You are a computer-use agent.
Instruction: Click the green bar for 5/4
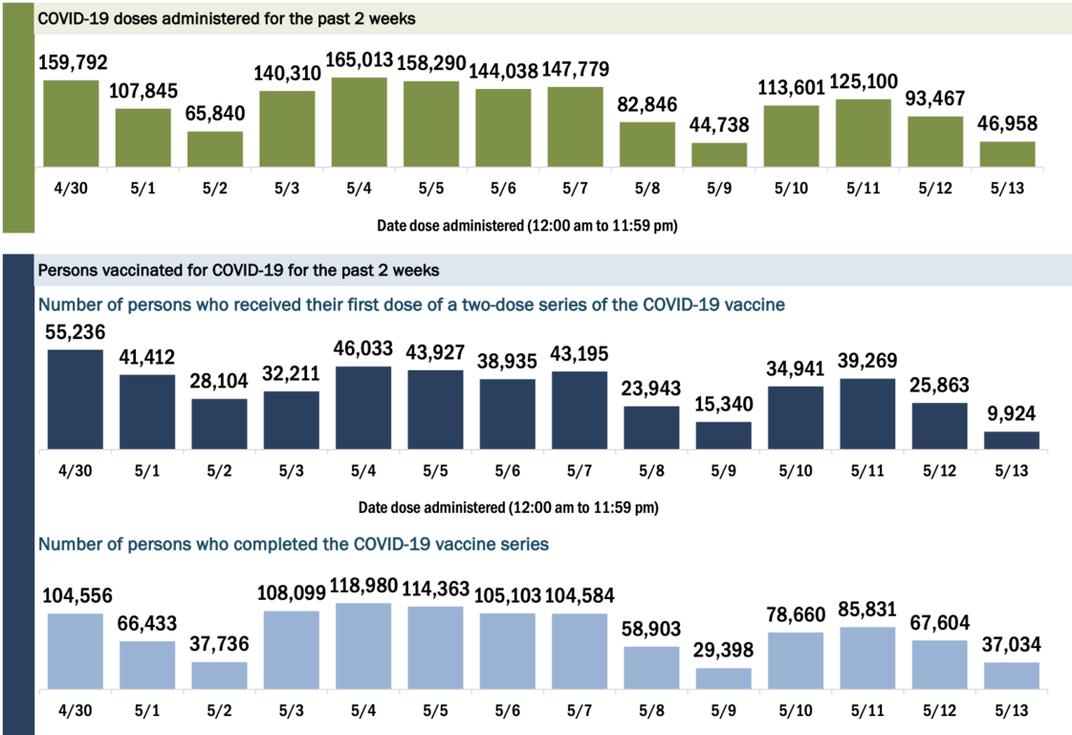point(359,122)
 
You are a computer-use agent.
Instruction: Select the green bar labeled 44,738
point(719,155)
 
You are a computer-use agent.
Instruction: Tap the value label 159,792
point(73,63)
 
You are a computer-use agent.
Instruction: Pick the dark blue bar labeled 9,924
point(1011,440)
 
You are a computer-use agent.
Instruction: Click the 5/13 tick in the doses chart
point(1007,189)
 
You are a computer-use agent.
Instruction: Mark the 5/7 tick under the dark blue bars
point(579,471)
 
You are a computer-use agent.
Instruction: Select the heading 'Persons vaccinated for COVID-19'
point(238,270)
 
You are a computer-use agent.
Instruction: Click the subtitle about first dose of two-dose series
point(411,304)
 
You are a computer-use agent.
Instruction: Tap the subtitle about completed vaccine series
point(293,544)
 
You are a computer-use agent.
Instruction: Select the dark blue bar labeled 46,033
point(362,408)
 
